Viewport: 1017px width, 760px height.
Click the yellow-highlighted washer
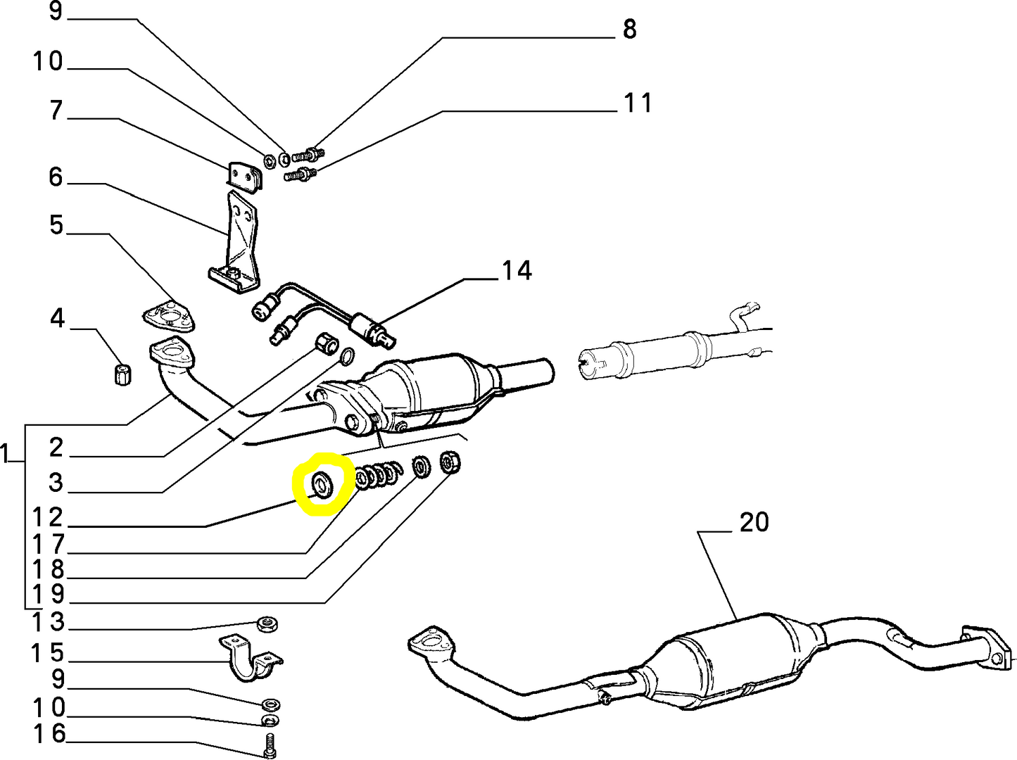pyautogui.click(x=323, y=485)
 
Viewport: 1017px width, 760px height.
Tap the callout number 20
pyautogui.click(x=754, y=523)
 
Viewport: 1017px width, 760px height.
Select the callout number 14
pyautogui.click(x=517, y=271)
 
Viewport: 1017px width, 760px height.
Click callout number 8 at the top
pyautogui.click(x=629, y=30)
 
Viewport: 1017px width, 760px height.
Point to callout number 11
pyautogui.click(x=638, y=103)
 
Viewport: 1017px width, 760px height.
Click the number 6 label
pyautogui.click(x=56, y=177)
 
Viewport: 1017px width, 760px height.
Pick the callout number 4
pyautogui.click(x=57, y=319)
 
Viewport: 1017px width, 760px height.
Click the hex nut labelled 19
pyautogui.click(x=450, y=462)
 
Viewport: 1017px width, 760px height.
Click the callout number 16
pyautogui.click(x=49, y=734)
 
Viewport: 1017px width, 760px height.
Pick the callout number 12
pyautogui.click(x=49, y=518)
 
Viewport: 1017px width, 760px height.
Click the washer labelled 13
pyautogui.click(x=267, y=623)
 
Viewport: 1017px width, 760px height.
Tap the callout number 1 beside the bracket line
pyautogui.click(x=6, y=454)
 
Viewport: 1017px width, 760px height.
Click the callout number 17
pyautogui.click(x=49, y=544)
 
